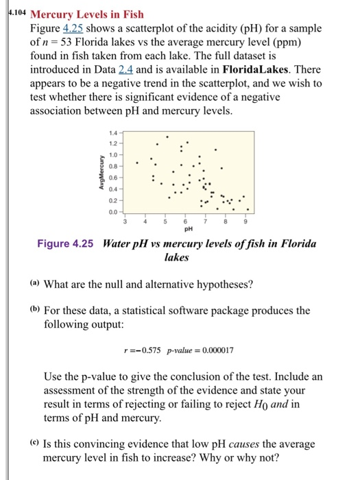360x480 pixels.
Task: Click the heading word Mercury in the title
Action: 56,14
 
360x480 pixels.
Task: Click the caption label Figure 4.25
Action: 77,244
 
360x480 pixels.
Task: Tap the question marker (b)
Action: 35,310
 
